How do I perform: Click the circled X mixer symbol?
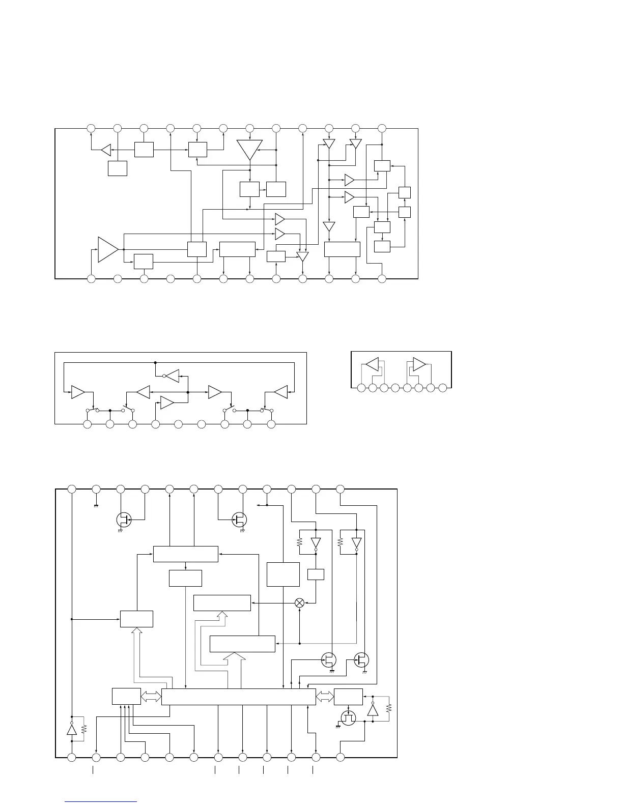point(300,602)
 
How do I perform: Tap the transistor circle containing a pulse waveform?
point(348,718)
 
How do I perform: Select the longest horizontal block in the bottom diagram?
point(238,697)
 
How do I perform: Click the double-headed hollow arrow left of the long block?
point(151,697)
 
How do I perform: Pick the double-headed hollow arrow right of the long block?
point(325,697)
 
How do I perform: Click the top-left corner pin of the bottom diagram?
point(72,489)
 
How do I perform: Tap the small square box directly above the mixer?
point(316,574)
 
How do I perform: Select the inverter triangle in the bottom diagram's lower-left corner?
point(72,730)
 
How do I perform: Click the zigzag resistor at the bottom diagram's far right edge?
point(389,708)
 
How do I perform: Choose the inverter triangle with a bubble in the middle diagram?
point(172,377)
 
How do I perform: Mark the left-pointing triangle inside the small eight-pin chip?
point(373,364)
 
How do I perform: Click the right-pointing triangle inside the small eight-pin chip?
point(419,364)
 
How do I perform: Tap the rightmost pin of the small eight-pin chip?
point(443,388)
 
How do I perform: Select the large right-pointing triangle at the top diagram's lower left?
point(108,249)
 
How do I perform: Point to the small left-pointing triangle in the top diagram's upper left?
point(106,150)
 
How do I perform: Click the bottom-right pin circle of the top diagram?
point(382,279)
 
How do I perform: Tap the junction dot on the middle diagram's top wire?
point(155,362)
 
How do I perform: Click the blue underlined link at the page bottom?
point(101,802)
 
